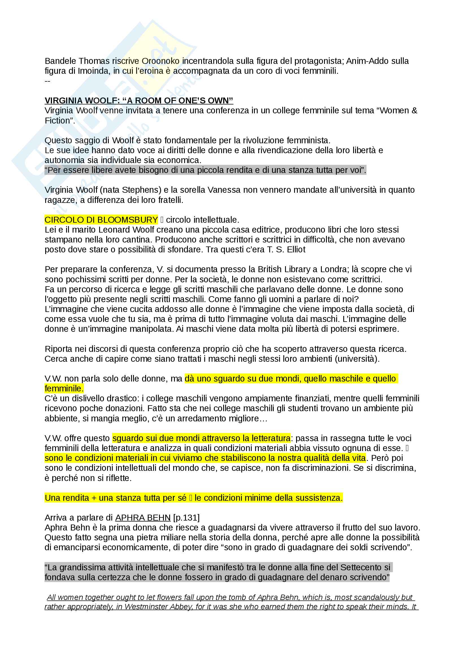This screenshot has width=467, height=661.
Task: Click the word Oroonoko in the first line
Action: [160, 61]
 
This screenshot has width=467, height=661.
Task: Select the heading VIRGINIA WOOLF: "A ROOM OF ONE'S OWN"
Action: [139, 101]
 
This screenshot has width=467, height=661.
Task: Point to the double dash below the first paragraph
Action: [47, 81]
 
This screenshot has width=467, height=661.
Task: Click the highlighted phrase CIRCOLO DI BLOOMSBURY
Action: [101, 220]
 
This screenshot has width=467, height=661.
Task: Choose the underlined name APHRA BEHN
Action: [143, 518]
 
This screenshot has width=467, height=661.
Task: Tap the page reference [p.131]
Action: [186, 518]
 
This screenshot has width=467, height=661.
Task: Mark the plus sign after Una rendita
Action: [94, 498]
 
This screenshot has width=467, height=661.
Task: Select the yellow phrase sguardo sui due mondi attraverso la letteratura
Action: [201, 438]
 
